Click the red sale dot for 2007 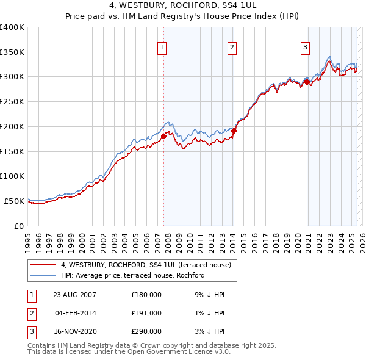[163, 137]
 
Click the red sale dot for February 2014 [234, 131]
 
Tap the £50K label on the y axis [15, 201]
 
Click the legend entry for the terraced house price [145, 265]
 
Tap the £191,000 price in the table [146, 313]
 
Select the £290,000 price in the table [146, 331]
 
